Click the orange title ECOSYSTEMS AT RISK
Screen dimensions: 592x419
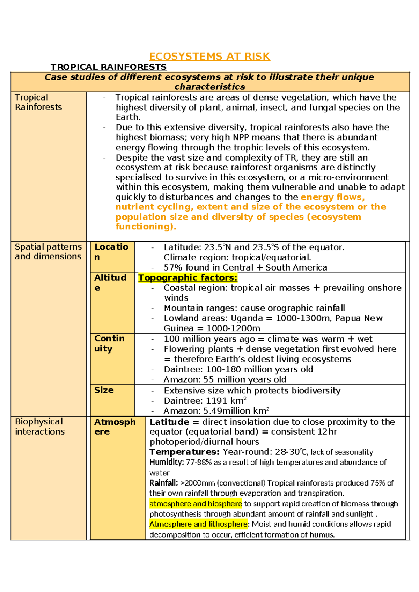[209, 57]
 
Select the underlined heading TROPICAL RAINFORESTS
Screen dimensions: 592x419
[109, 67]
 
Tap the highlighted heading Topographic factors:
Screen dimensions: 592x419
[188, 278]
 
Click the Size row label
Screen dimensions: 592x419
[104, 390]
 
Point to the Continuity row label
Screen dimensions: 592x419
[109, 343]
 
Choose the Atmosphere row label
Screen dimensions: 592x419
[115, 427]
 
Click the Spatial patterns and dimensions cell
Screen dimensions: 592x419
[48, 252]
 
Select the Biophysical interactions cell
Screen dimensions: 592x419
[39, 427]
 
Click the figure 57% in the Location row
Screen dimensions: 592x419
[173, 268]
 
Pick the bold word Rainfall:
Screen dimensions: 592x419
[164, 483]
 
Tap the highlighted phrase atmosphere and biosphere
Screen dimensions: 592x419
[196, 504]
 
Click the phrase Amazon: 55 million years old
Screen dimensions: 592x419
[225, 380]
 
